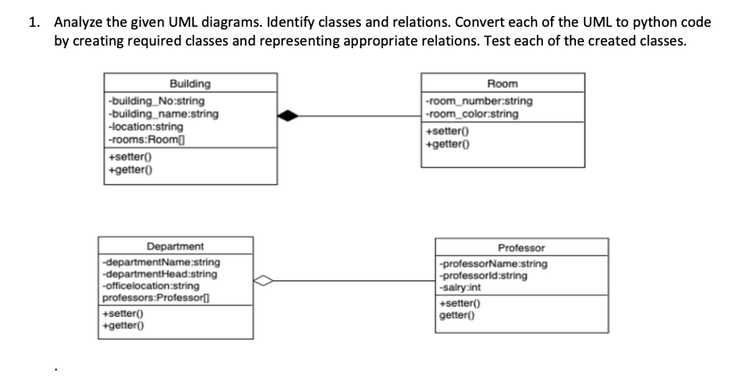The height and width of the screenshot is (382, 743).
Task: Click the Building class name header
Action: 189,84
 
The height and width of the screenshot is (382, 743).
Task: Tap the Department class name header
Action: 175,245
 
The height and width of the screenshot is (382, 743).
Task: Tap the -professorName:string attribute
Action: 492,264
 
